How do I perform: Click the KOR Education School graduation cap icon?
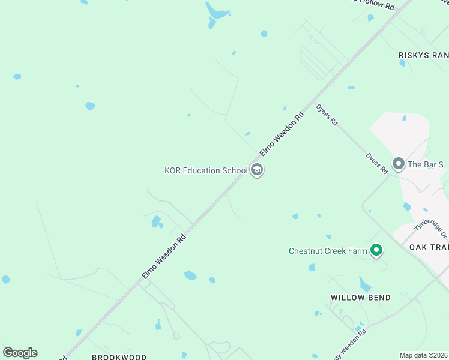pos(257,170)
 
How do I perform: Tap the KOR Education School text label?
pos(206,170)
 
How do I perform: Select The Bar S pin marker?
pos(398,163)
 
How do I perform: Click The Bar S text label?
pos(426,164)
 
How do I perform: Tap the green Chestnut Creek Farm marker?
pos(376,250)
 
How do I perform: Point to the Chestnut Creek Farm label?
pos(327,251)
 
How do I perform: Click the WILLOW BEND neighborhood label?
pos(360,298)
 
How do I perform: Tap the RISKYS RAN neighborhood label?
pos(423,55)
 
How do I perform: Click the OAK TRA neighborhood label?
pos(429,247)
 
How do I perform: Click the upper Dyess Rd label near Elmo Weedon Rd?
pos(327,115)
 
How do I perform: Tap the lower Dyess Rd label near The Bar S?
pos(377,163)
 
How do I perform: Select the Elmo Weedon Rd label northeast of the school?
pos(282,132)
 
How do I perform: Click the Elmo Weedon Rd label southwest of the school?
pos(164,255)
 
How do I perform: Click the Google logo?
pos(20,353)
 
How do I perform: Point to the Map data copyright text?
pos(424,355)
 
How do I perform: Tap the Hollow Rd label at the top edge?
pos(375,5)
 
